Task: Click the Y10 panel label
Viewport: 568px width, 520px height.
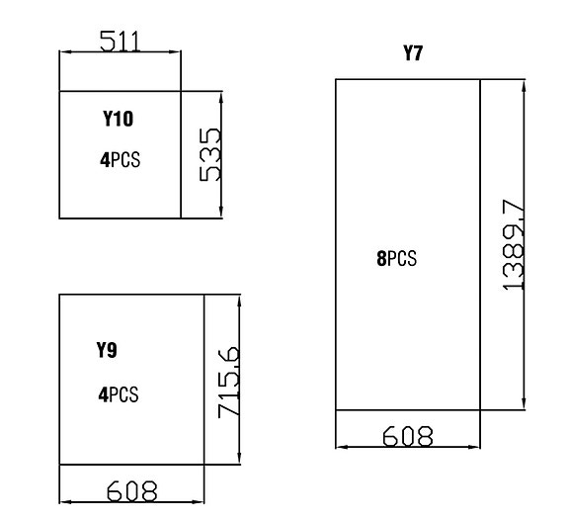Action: [119, 119]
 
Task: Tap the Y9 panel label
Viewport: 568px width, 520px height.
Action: [107, 350]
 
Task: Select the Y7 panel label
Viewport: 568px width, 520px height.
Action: [413, 52]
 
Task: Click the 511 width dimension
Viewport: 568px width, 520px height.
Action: [120, 41]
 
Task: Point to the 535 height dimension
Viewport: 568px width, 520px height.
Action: [209, 154]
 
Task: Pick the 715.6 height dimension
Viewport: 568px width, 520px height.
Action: [228, 383]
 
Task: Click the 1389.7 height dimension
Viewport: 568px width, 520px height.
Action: [514, 245]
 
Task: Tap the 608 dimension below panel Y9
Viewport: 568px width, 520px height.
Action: [132, 491]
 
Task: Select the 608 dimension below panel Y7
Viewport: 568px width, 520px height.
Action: [408, 436]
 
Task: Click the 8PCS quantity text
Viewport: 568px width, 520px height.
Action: [397, 259]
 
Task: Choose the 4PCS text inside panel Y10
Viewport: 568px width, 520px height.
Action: [120, 159]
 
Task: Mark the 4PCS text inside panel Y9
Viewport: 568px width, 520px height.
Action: [119, 394]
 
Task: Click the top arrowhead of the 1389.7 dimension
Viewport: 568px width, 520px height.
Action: [524, 85]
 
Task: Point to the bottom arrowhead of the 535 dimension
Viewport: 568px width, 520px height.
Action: [221, 213]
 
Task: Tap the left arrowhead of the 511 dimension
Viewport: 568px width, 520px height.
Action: [65, 52]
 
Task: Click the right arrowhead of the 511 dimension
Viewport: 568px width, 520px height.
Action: [175, 52]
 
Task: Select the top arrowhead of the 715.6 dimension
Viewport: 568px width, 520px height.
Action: [239, 301]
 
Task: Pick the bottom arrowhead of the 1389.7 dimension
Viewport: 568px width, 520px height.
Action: [524, 404]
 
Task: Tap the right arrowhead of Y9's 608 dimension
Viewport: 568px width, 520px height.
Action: [198, 502]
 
